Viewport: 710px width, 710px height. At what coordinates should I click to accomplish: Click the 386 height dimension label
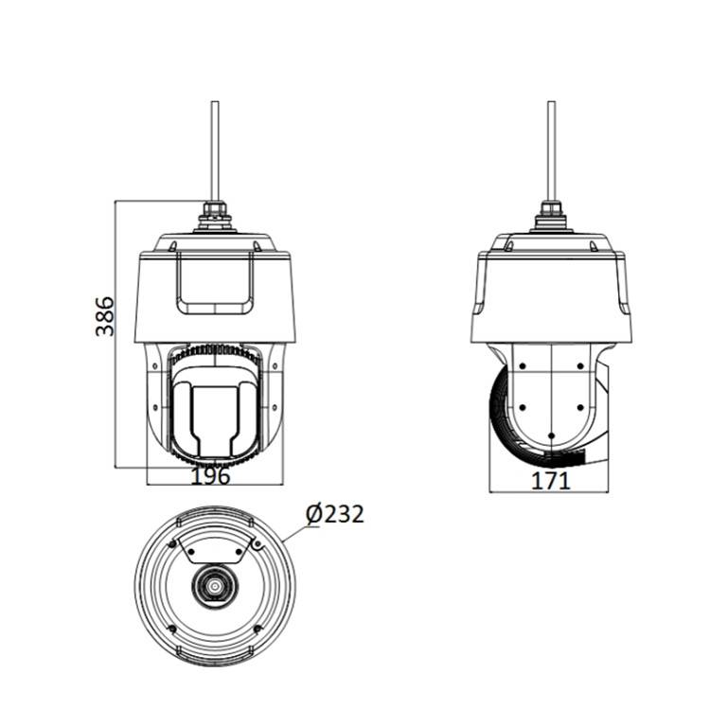point(104,316)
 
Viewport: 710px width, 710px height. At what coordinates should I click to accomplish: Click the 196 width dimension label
point(210,476)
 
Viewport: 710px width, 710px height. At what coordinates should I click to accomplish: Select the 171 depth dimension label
point(550,481)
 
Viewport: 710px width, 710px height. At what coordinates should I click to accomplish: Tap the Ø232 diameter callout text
point(334,515)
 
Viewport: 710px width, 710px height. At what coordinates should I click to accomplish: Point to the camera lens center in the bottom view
point(214,586)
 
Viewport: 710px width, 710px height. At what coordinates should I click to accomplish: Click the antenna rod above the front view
point(215,151)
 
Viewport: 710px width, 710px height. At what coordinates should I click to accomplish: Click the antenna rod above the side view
point(551,151)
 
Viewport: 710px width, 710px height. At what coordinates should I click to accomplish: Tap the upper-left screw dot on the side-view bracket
point(523,365)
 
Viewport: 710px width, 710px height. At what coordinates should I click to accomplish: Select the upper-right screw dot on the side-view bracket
point(580,365)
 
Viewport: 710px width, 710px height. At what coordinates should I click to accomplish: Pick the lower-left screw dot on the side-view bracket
point(523,408)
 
